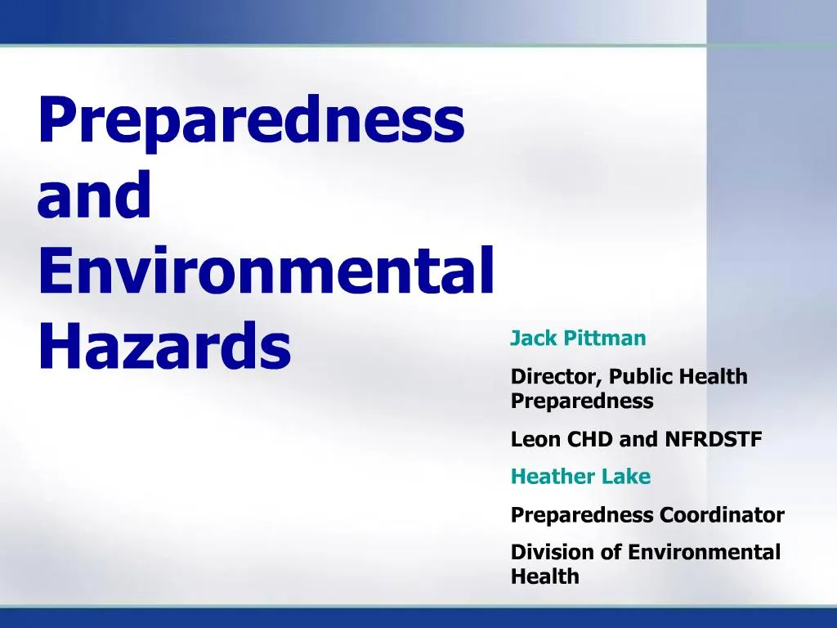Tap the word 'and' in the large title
pyautogui.click(x=95, y=197)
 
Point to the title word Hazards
pyautogui.click(x=164, y=345)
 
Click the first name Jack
pyautogui.click(x=528, y=339)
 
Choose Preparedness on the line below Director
pyautogui.click(x=582, y=401)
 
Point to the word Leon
pyautogui.click(x=531, y=440)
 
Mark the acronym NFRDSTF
pyautogui.click(x=713, y=440)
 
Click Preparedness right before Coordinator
pyautogui.click(x=582, y=516)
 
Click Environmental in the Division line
pyautogui.click(x=704, y=553)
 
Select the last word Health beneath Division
pyautogui.click(x=544, y=576)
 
